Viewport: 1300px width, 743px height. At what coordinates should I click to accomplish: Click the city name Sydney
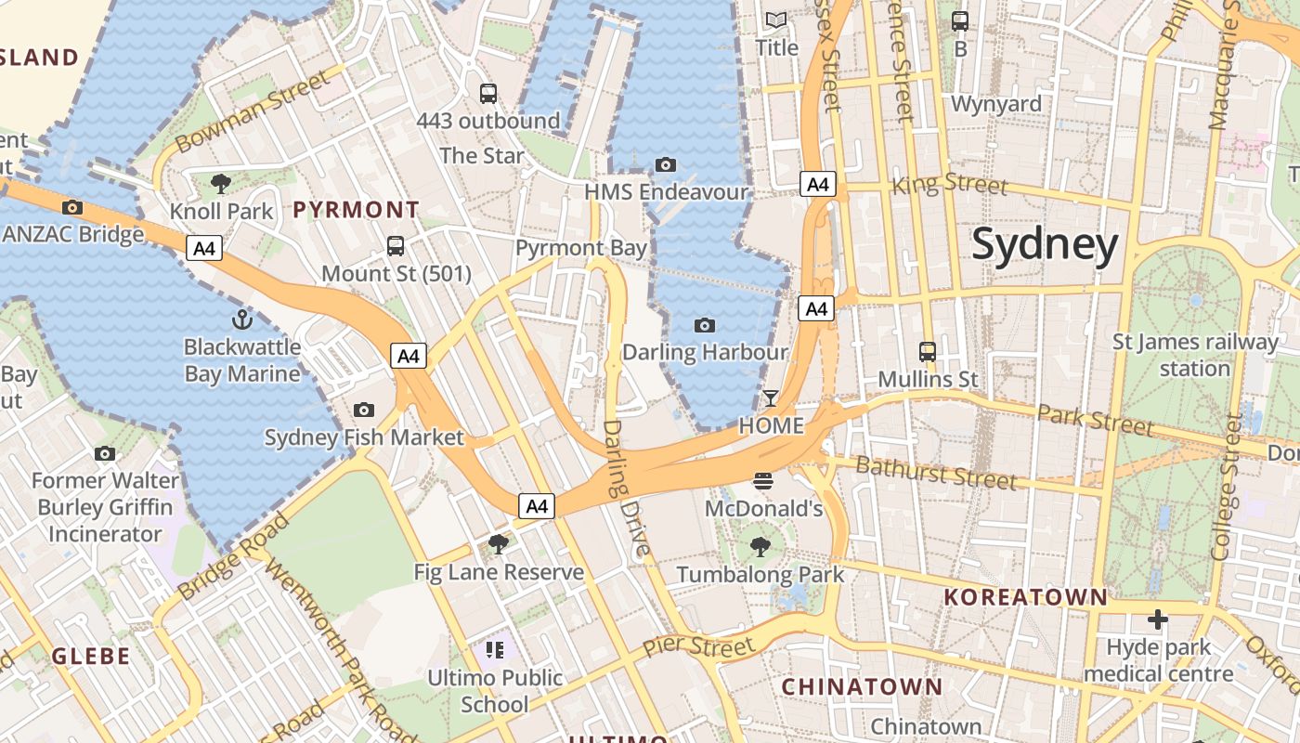point(1045,244)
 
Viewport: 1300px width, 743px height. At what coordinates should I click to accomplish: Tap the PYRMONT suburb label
point(357,210)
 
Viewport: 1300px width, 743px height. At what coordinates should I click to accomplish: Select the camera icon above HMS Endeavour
point(666,165)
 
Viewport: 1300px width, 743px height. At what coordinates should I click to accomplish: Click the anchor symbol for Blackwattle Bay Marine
point(242,320)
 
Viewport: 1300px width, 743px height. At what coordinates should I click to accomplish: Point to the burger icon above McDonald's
point(763,480)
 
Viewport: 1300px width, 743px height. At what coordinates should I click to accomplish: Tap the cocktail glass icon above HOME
point(770,398)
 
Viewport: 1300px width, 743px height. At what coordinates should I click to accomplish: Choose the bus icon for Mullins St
point(928,352)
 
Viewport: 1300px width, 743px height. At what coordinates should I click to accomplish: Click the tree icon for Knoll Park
point(221,183)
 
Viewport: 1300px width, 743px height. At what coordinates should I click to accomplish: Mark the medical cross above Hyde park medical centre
point(1157,619)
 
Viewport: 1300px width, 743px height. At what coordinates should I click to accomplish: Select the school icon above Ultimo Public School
point(495,650)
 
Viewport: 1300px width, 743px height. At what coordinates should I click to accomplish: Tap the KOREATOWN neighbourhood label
point(1026,597)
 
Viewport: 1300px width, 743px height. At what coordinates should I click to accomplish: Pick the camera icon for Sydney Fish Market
point(364,410)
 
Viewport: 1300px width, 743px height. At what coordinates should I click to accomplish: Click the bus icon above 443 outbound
point(488,93)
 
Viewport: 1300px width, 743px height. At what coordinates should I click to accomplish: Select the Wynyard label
point(996,104)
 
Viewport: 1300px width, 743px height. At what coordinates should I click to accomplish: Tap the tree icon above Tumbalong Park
point(760,547)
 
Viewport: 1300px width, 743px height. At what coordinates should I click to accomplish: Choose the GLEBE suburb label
point(91,657)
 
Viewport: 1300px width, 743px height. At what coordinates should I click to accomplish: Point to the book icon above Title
point(775,20)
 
